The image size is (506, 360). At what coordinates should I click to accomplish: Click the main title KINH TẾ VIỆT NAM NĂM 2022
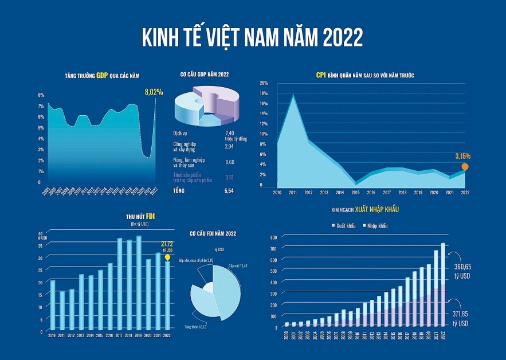[252, 38]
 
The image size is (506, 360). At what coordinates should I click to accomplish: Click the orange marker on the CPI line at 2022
[465, 167]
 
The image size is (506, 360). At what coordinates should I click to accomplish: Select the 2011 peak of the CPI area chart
[293, 95]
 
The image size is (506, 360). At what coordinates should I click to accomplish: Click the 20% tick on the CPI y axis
[264, 83]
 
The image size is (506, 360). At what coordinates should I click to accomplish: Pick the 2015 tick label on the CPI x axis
[356, 192]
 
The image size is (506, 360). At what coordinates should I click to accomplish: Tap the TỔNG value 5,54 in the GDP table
[230, 189]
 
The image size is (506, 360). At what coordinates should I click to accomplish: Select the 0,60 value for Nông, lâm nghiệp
[229, 162]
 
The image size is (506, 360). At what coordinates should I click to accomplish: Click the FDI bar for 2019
[139, 284]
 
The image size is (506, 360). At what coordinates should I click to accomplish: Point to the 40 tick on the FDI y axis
[40, 233]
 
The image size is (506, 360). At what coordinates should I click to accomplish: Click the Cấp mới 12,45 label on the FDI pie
[237, 266]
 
